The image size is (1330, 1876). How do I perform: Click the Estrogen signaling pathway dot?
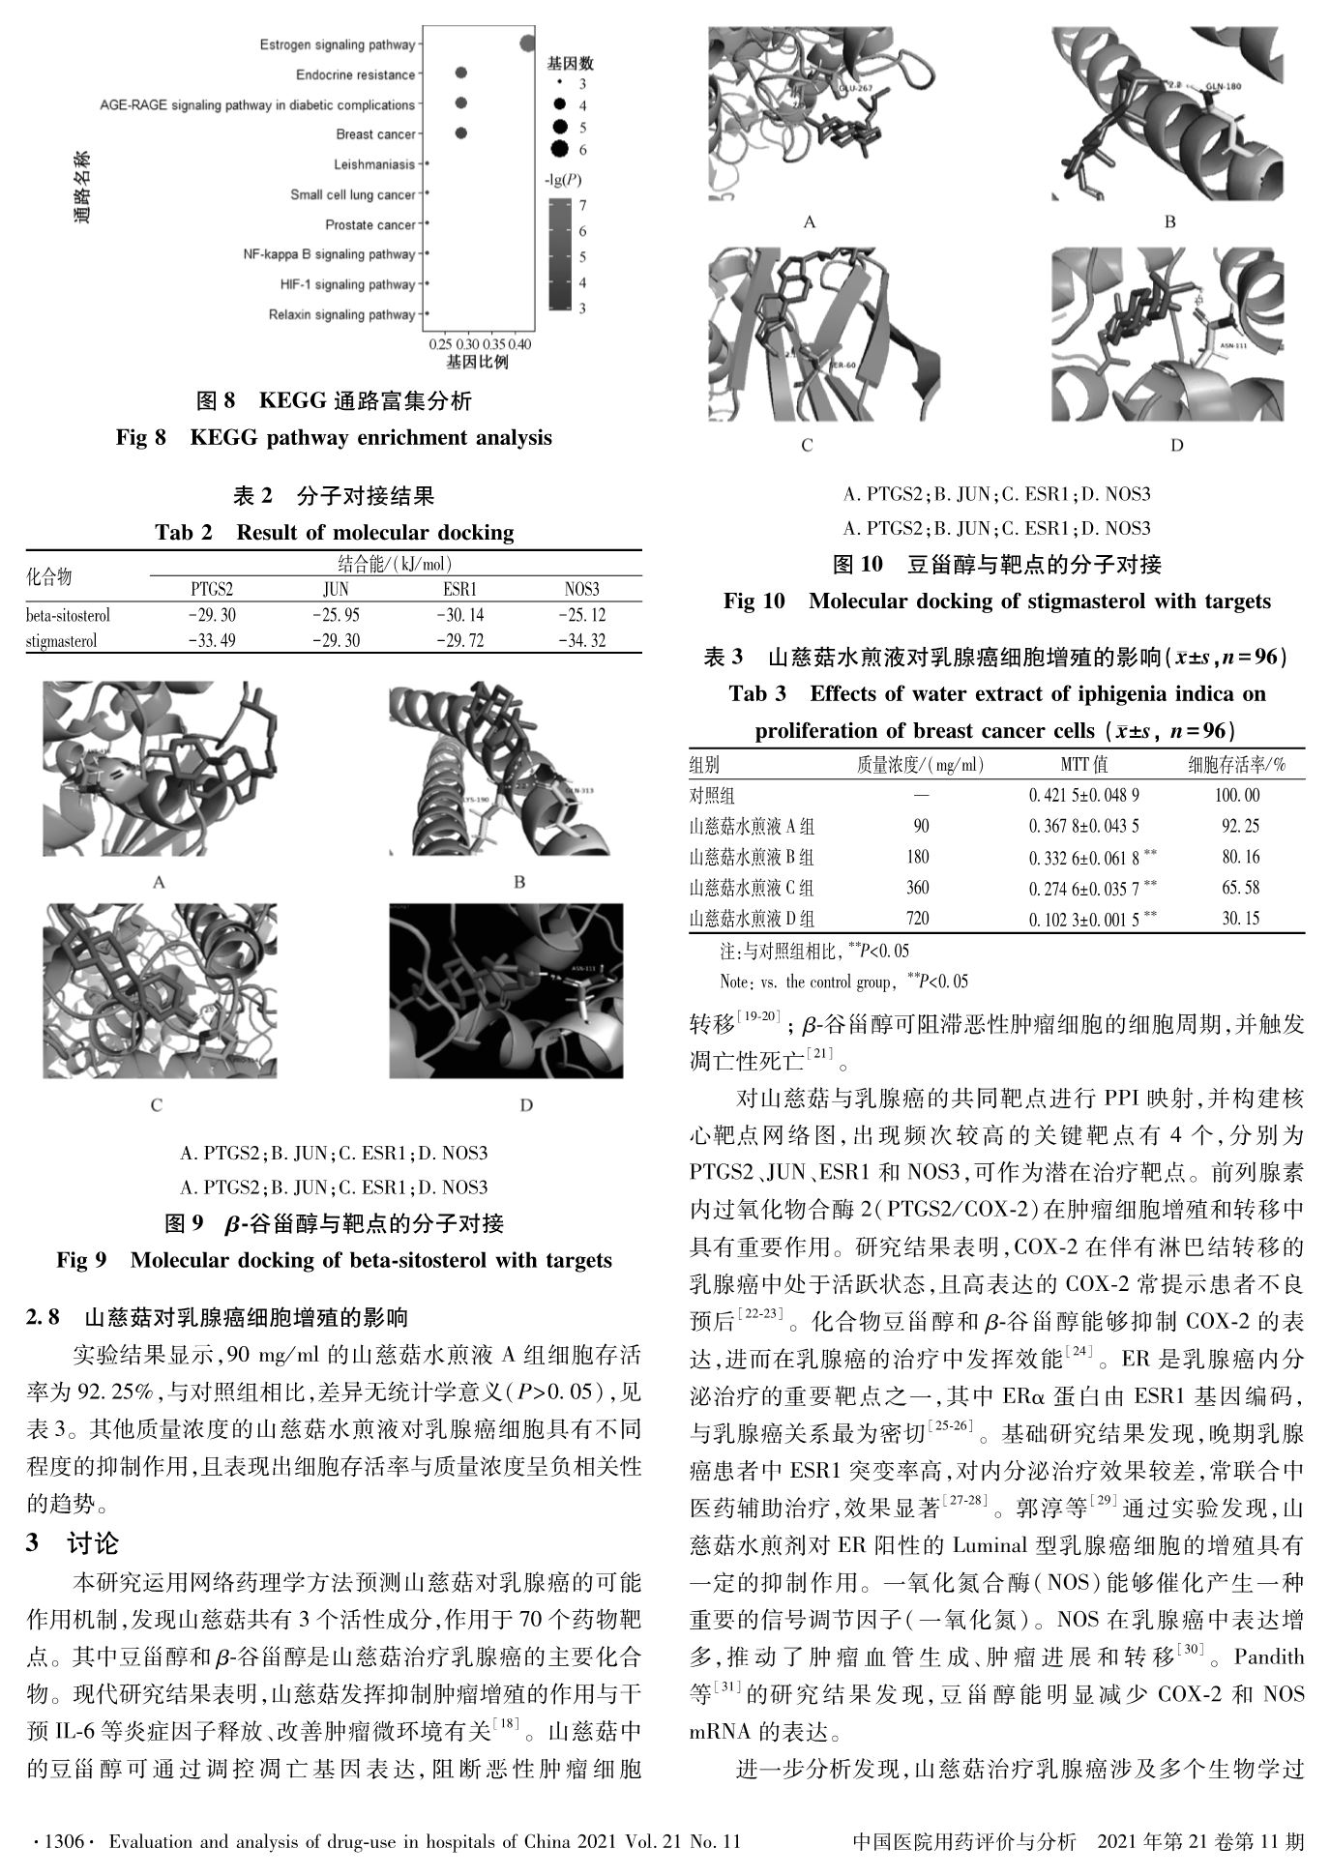[x=527, y=44]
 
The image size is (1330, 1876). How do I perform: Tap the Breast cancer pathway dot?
[x=461, y=133]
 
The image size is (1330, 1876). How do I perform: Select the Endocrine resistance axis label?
[x=355, y=74]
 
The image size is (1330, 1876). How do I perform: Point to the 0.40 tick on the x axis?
[x=520, y=344]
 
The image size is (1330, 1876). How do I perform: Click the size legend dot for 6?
[x=558, y=149]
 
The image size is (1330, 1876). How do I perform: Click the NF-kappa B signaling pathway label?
[x=329, y=254]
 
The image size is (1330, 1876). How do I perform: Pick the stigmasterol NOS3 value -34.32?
[x=581, y=640]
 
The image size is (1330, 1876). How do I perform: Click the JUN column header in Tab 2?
[x=336, y=589]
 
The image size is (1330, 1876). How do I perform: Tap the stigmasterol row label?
[x=61, y=640]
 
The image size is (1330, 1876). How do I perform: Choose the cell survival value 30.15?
[x=1241, y=918]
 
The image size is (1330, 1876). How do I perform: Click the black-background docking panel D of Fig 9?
[x=506, y=990]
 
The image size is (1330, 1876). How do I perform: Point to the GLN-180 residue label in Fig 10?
[x=1222, y=88]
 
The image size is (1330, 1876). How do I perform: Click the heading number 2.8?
[x=44, y=1316]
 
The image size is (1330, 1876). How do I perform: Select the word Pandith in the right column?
[x=1269, y=1656]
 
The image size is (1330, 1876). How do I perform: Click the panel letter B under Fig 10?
[x=1169, y=221]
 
